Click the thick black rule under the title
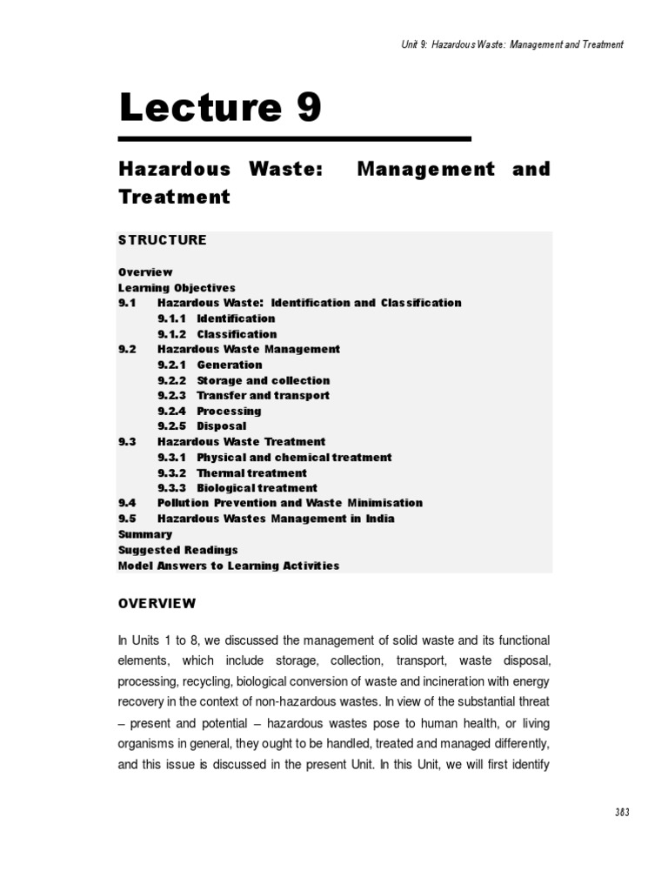[x=294, y=138]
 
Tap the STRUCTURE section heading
[x=163, y=240]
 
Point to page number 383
[x=620, y=812]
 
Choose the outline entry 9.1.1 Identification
[x=217, y=318]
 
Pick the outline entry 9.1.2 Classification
[x=217, y=334]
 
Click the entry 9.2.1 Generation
[x=210, y=365]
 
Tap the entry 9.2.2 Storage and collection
[x=244, y=380]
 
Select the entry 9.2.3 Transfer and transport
[x=244, y=395]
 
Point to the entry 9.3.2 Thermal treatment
[x=232, y=472]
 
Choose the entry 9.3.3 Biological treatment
[x=237, y=488]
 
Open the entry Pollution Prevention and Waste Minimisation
[x=290, y=503]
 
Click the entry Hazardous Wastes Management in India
[x=276, y=519]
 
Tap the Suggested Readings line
[x=178, y=550]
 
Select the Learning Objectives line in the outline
[x=177, y=287]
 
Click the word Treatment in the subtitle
[x=174, y=197]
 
